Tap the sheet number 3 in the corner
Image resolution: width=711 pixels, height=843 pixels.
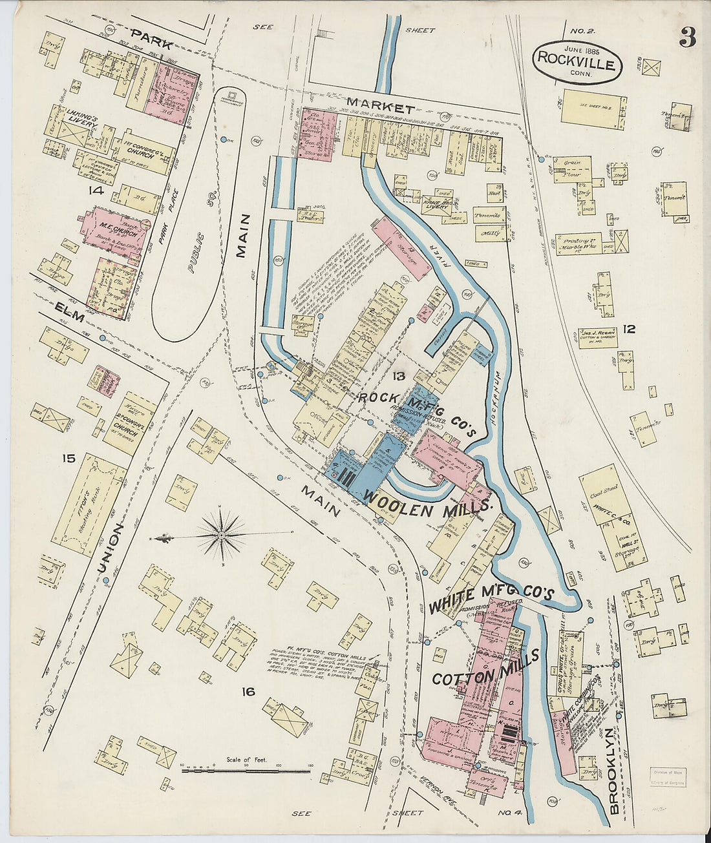coord(687,39)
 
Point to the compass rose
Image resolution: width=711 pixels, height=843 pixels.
coord(222,535)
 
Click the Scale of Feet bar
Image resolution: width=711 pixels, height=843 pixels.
coord(246,770)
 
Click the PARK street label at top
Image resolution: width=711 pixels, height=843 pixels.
coord(152,39)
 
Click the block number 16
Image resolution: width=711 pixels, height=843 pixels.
coord(248,692)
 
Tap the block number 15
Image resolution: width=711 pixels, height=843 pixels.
coord(69,459)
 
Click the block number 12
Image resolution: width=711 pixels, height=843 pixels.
coord(629,329)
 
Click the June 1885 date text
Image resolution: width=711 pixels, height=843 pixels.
coord(581,49)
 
